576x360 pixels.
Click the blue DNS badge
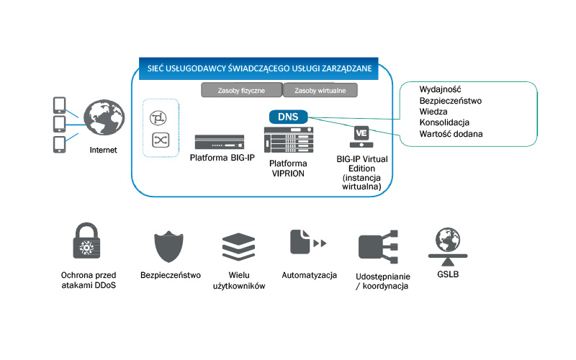pos(288,116)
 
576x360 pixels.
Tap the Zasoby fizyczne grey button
pos(241,91)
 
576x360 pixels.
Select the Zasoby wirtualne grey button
pos(320,91)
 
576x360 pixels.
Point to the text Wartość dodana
pos(451,134)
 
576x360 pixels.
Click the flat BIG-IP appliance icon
pos(219,141)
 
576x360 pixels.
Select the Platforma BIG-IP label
pos(219,157)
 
